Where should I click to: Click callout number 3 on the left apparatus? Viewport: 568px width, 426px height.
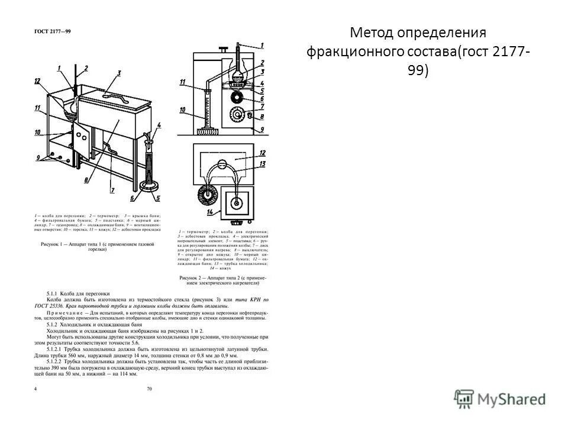tap(119, 73)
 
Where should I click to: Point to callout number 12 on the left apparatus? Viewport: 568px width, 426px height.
tap(37, 82)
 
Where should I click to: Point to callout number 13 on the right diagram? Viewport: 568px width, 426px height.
tap(263, 164)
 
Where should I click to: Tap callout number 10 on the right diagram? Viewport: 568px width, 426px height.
tap(183, 111)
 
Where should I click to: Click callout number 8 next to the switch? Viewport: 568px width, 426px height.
tap(261, 117)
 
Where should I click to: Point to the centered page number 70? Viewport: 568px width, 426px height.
tap(150, 389)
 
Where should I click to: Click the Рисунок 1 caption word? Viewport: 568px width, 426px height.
tap(53, 243)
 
